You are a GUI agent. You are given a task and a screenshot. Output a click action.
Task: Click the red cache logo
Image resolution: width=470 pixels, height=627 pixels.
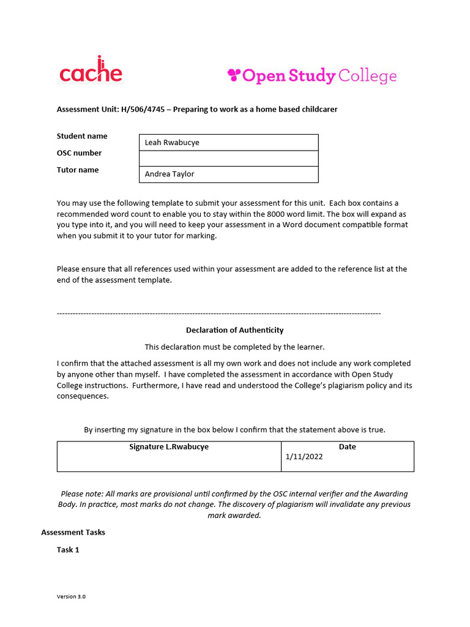click(91, 72)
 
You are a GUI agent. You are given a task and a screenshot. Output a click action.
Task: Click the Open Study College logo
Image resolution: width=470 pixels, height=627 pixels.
click(311, 76)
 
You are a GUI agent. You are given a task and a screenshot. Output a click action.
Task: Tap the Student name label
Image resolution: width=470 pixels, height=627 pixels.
click(82, 136)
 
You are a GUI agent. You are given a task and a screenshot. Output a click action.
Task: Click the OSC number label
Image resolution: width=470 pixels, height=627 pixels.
click(80, 153)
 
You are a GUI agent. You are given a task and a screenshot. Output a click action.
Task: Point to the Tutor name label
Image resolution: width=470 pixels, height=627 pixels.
click(78, 170)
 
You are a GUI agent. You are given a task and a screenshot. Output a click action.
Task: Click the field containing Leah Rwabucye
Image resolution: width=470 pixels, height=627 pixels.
click(229, 143)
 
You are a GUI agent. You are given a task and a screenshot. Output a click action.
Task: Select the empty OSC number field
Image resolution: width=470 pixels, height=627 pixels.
click(229, 159)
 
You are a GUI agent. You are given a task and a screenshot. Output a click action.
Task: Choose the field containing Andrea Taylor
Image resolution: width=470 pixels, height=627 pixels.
click(229, 175)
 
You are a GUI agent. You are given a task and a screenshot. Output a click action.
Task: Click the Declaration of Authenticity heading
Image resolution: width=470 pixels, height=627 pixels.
click(235, 330)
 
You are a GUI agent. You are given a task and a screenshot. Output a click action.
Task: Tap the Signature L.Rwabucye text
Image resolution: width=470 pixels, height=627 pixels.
click(169, 447)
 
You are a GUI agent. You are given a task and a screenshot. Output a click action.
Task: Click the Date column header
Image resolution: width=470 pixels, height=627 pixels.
click(347, 447)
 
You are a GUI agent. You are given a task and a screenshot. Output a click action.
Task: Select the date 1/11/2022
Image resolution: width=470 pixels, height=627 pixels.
click(304, 457)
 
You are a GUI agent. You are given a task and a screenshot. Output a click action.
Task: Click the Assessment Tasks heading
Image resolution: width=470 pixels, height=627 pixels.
click(73, 532)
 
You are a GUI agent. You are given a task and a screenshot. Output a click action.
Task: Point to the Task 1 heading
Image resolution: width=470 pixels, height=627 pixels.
click(68, 550)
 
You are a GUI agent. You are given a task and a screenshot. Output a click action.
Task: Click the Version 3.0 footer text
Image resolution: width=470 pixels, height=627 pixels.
click(72, 596)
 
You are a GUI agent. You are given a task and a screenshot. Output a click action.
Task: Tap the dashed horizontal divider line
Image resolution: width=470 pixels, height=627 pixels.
click(218, 313)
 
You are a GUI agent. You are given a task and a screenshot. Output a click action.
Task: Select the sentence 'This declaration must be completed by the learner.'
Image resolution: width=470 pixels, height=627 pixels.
click(235, 347)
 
